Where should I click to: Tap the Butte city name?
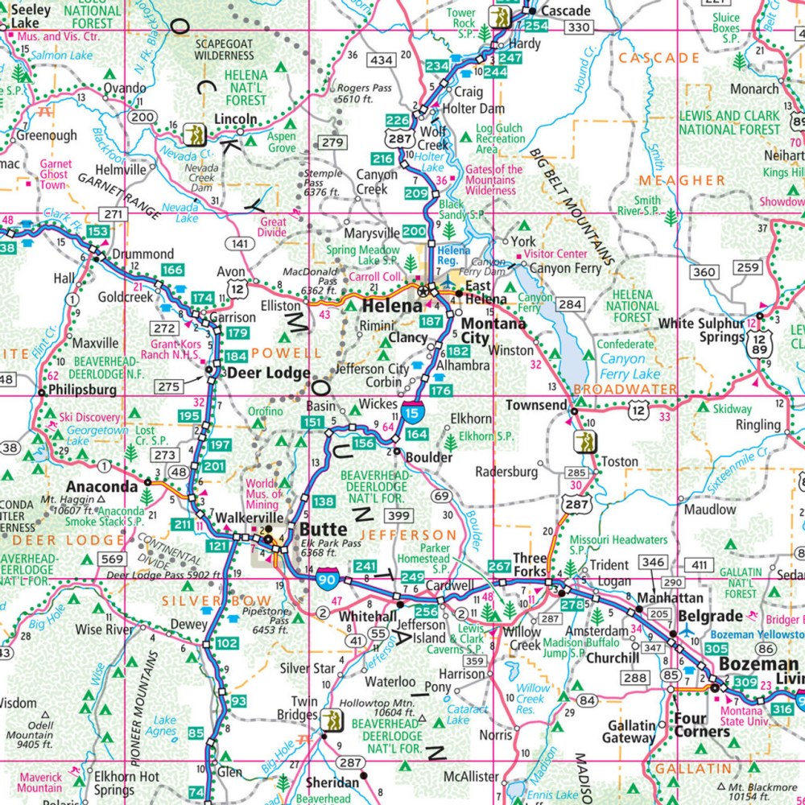pyautogui.click(x=323, y=530)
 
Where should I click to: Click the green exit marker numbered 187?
pyautogui.click(x=431, y=322)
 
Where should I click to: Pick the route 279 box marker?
pyautogui.click(x=332, y=142)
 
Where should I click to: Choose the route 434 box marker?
pyautogui.click(x=382, y=60)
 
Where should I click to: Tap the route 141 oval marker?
pyautogui.click(x=238, y=242)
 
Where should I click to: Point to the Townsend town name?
pyautogui.click(x=536, y=405)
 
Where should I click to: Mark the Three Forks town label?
pyautogui.click(x=530, y=565)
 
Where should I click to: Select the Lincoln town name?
pyautogui.click(x=235, y=119)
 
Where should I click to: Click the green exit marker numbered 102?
pyautogui.click(x=227, y=643)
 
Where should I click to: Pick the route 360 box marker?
pyautogui.click(x=704, y=273)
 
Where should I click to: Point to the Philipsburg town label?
pyautogui.click(x=83, y=390)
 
